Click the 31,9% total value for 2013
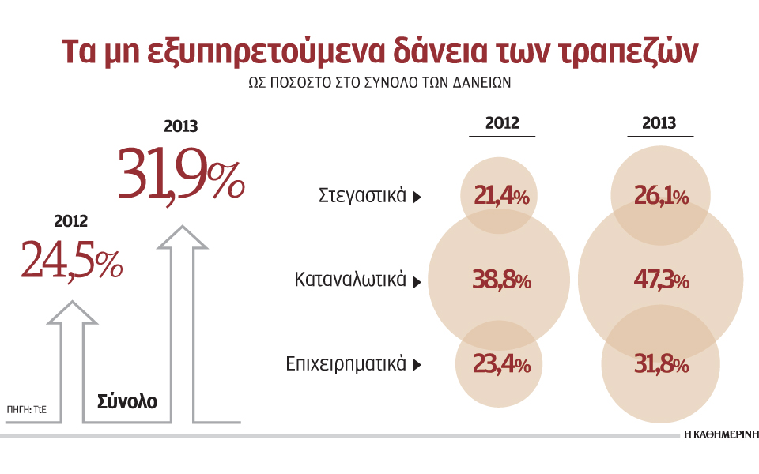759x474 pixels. click(181, 174)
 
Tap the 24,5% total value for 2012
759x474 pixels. click(72, 260)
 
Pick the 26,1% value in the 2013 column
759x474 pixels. click(660, 196)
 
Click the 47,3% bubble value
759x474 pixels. click(661, 280)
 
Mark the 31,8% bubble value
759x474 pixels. click(661, 365)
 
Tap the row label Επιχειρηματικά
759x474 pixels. click(346, 364)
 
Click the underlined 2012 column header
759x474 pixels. click(502, 123)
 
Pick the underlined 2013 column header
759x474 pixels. click(659, 123)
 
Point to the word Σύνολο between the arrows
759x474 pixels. click(127, 401)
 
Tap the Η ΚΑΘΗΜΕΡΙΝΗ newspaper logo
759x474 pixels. click(720, 435)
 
